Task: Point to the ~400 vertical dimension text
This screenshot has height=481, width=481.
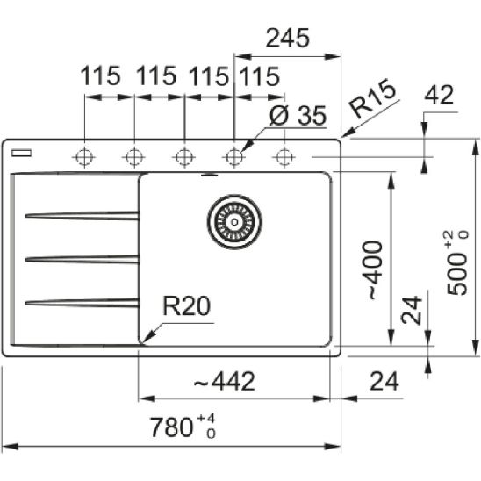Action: (372, 268)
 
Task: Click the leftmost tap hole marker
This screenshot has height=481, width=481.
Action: (84, 157)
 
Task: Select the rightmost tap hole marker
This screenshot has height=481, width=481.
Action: (283, 157)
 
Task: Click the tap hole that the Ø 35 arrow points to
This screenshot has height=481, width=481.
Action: (233, 157)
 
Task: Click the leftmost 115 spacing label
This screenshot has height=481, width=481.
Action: (101, 76)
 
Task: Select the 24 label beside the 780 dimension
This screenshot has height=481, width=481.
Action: (384, 382)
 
